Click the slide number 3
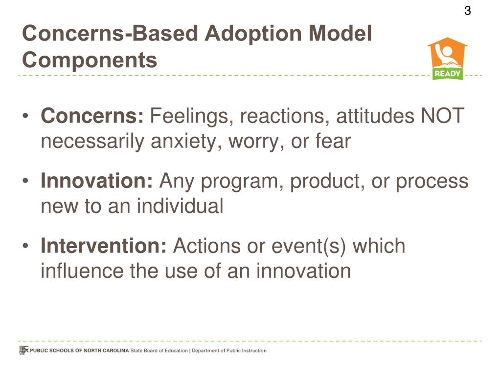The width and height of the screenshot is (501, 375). point(467,11)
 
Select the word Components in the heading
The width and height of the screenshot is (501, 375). point(90,61)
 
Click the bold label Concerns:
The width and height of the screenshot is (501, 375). point(92,117)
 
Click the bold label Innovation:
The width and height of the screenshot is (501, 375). point(97,182)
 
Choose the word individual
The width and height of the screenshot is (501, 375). point(180,206)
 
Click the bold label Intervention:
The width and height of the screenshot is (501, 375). point(104,246)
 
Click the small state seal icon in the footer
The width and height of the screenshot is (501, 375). point(23,350)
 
